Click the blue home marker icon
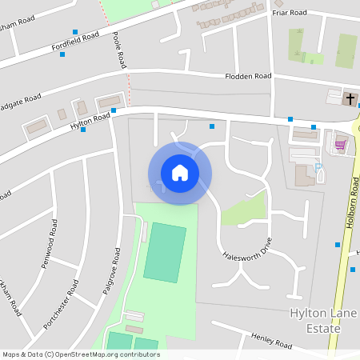coord(179,173)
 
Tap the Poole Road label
coord(119,50)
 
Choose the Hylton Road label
coord(90,122)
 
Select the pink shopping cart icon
coord(340,145)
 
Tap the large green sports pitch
coord(166,252)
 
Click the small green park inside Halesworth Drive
coord(242,210)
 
